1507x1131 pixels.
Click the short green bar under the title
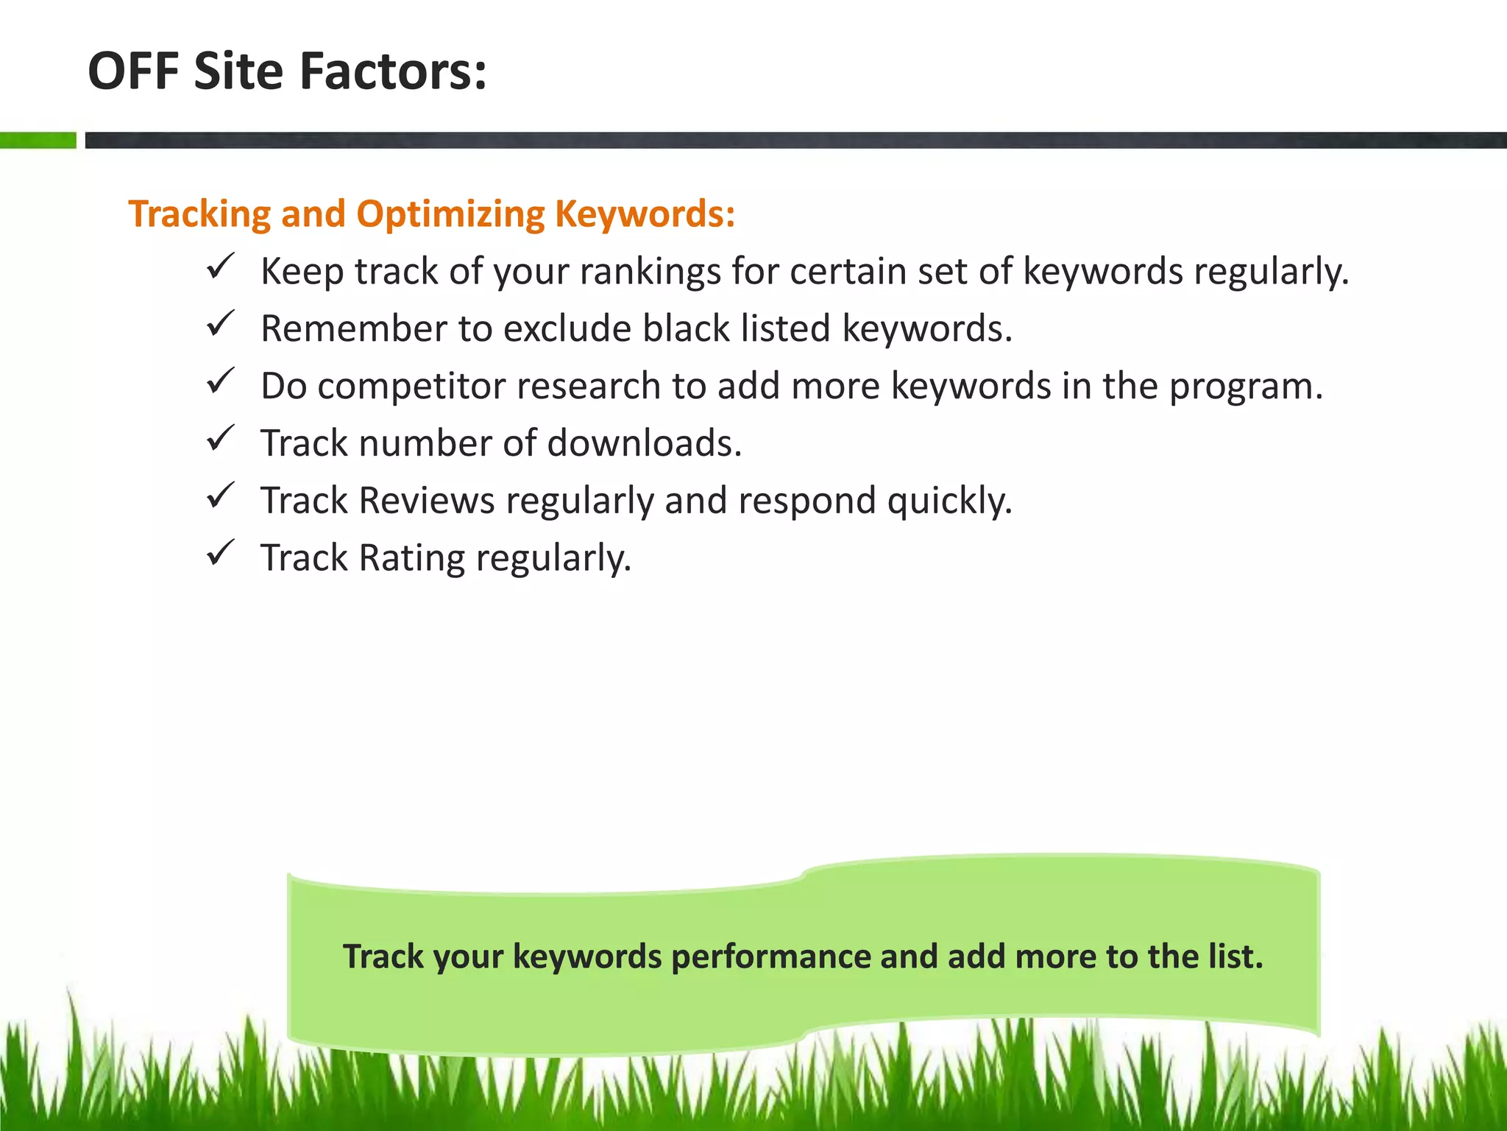38,140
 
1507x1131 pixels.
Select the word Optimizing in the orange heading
450,214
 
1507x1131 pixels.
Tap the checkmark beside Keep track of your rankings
220,266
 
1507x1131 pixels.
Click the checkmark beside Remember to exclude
220,323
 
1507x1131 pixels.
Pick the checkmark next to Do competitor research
220,381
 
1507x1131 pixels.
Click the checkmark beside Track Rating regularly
220,553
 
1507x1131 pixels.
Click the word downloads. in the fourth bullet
645,443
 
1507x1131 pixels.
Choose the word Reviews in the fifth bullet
427,501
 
